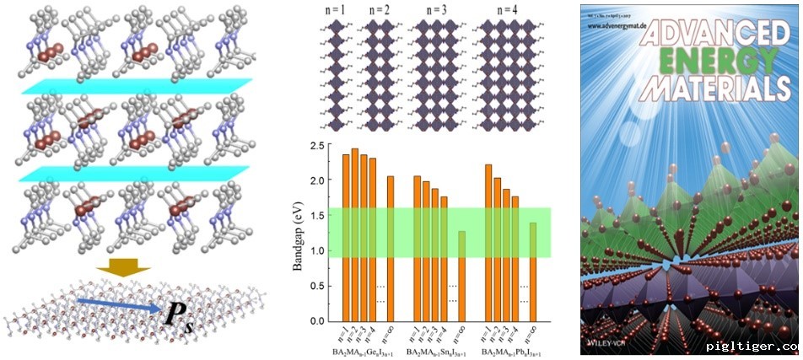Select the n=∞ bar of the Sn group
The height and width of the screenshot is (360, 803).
click(461, 277)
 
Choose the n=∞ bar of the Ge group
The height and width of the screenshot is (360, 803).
click(390, 248)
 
